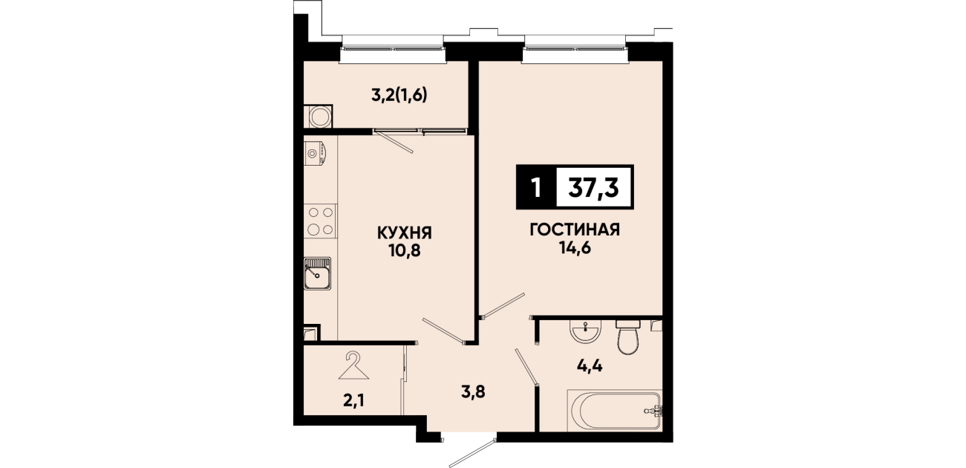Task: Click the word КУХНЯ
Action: pos(405,233)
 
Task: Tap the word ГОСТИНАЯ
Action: pos(575,230)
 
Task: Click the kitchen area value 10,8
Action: pos(405,250)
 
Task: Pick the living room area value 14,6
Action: pos(575,247)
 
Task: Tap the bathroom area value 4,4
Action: pos(590,366)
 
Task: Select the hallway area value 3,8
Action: pos(473,392)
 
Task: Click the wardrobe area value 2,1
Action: pos(354,401)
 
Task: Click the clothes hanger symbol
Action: pos(353,365)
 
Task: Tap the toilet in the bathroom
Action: pos(628,337)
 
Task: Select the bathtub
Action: pos(615,410)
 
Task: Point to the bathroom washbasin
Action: pos(585,332)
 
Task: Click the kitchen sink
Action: pos(317,273)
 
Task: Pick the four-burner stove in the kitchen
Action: pos(321,221)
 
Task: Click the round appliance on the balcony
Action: pos(320,117)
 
